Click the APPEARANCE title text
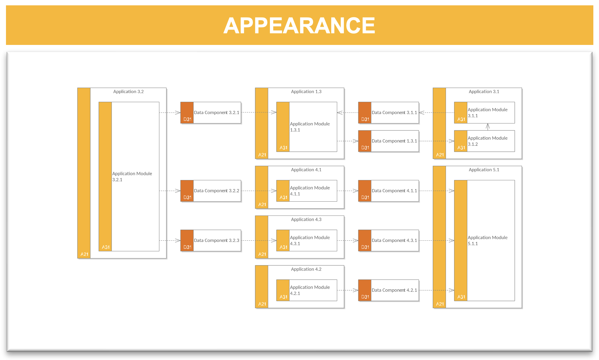299,25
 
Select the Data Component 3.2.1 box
211,112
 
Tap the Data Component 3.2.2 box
211,191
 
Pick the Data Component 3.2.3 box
211,240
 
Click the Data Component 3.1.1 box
388,112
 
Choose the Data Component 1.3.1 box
388,141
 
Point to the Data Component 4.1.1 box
388,191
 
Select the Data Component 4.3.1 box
388,240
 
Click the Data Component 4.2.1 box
388,290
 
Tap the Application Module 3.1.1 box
484,112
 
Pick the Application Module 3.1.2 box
484,141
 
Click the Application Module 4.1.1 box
307,191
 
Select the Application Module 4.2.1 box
307,290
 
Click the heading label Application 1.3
306,92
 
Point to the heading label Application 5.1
484,170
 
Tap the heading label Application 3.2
129,92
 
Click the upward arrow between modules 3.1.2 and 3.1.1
488,127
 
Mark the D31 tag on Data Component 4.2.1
365,297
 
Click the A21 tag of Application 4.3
262,254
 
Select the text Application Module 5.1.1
487,241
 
